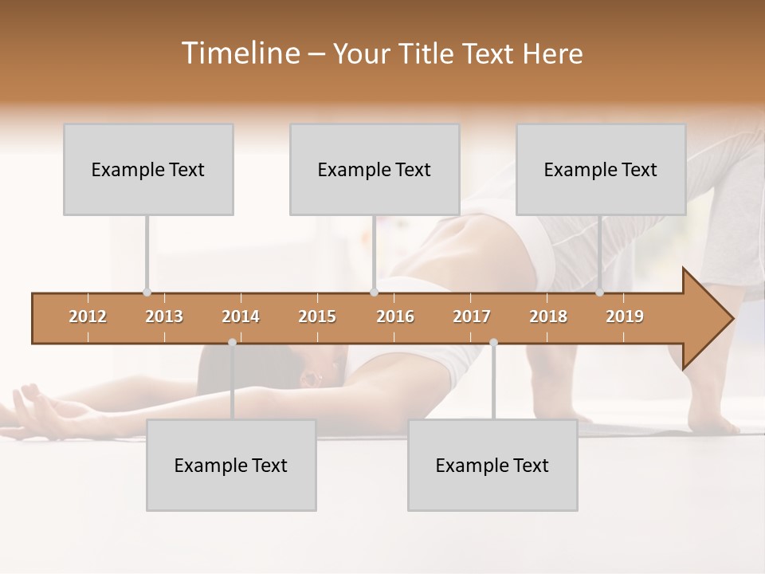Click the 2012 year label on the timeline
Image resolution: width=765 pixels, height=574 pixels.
point(88,316)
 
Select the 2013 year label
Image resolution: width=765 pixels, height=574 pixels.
point(164,316)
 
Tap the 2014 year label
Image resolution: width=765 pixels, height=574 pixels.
point(241,316)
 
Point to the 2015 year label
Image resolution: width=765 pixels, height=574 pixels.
point(317,316)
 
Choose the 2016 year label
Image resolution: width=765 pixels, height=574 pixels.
point(395,316)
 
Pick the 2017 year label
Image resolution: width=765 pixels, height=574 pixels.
point(472,316)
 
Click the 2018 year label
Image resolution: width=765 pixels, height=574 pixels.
point(548,316)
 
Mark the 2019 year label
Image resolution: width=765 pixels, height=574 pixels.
point(625,316)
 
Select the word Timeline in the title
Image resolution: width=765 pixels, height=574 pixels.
point(239,53)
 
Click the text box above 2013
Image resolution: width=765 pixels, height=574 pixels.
point(148,169)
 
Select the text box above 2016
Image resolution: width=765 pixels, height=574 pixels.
point(375,169)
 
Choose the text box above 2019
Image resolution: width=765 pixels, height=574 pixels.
point(601,169)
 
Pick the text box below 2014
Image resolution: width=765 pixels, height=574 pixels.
point(231,465)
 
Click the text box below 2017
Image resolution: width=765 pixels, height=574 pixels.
point(492,465)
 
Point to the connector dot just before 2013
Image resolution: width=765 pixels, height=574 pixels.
point(147,293)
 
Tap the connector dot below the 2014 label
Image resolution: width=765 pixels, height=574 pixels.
point(232,342)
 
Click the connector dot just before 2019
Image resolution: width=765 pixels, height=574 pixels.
point(599,293)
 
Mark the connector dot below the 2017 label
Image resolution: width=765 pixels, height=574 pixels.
point(493,342)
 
